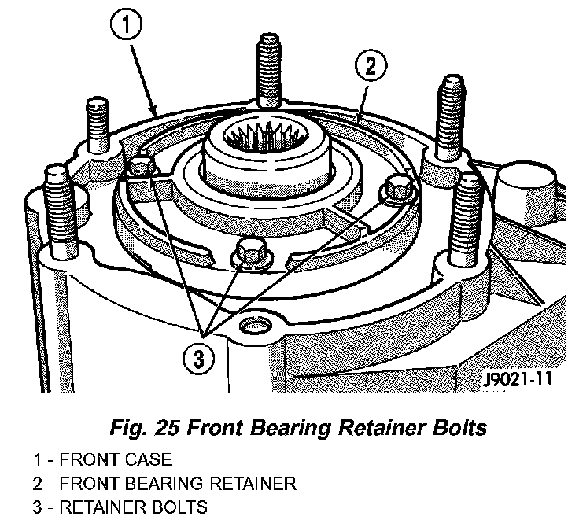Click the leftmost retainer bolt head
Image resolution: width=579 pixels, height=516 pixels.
point(142,167)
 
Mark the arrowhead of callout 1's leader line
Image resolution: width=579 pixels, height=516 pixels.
point(157,115)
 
